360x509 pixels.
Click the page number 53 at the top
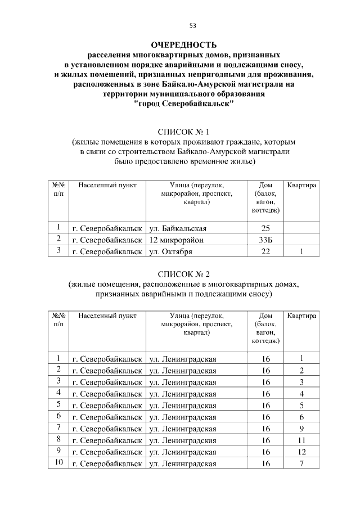[x=192, y=25]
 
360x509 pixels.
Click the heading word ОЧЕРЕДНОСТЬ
[x=184, y=45]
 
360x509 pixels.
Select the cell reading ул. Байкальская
[x=178, y=228]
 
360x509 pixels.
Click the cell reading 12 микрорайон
[x=177, y=240]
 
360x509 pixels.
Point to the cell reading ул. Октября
[x=172, y=251]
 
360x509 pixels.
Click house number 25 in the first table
[x=266, y=228]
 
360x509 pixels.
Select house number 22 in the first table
[x=266, y=251]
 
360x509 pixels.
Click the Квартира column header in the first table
[x=301, y=185]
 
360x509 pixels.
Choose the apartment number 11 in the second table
[x=301, y=440]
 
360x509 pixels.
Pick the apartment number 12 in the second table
[x=301, y=452]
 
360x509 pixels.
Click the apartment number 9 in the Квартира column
[x=301, y=429]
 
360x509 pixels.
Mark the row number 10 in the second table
[x=58, y=463]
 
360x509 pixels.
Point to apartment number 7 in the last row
[x=301, y=463]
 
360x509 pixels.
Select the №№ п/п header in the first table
[x=58, y=189]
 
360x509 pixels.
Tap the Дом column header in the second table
[x=266, y=328]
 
